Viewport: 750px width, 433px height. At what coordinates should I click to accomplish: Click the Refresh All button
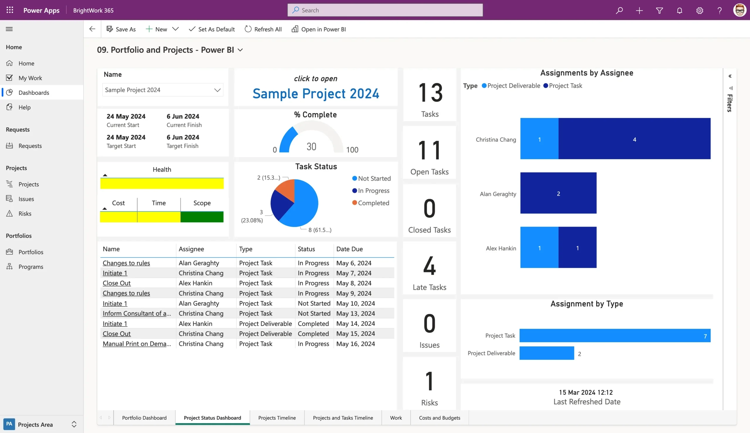(x=263, y=29)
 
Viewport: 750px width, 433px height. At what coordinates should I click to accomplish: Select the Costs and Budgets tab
(x=439, y=417)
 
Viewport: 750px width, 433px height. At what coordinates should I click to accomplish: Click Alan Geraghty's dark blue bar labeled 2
(x=558, y=193)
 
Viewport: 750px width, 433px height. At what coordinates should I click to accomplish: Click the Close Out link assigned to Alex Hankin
(x=117, y=283)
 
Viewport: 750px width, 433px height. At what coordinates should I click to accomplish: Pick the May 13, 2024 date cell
(x=355, y=314)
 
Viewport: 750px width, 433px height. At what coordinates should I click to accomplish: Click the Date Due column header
(x=349, y=249)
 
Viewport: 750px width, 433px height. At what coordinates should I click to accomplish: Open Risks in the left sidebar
(x=25, y=213)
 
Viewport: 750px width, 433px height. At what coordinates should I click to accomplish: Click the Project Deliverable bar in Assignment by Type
(x=546, y=353)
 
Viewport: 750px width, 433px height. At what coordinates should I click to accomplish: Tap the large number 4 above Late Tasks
(x=429, y=266)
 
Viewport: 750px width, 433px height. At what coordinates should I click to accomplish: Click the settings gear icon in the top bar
(x=699, y=11)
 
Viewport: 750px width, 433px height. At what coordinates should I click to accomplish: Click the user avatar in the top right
(x=739, y=11)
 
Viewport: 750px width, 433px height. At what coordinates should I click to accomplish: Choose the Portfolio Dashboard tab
(x=144, y=417)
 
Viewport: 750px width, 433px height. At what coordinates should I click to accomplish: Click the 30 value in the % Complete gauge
(x=311, y=146)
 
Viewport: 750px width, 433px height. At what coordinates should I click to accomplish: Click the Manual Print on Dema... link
(x=137, y=344)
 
